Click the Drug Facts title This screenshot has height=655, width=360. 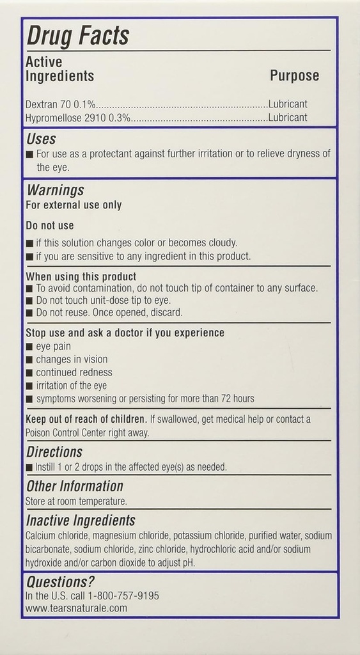tap(77, 36)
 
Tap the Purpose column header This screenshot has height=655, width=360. tap(294, 75)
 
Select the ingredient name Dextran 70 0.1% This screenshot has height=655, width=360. tap(61, 104)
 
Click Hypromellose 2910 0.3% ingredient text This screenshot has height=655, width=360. tap(78, 118)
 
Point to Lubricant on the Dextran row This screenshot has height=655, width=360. tap(288, 104)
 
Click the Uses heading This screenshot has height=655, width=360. tap(41, 139)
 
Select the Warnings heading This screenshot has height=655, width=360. tap(54, 190)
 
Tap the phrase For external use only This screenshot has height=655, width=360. tap(74, 205)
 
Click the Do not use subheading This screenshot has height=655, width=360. tap(50, 225)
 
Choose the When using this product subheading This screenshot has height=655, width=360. tap(81, 276)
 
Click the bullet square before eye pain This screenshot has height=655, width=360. tap(29, 346)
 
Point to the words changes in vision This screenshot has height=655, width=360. tap(72, 359)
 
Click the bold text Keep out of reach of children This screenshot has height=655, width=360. tap(86, 419)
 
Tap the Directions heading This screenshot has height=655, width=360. tap(54, 452)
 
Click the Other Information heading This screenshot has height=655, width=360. tap(74, 486)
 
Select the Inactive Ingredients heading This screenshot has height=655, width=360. tap(81, 520)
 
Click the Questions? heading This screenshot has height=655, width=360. tap(60, 581)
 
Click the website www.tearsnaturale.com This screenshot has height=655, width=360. tap(76, 608)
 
